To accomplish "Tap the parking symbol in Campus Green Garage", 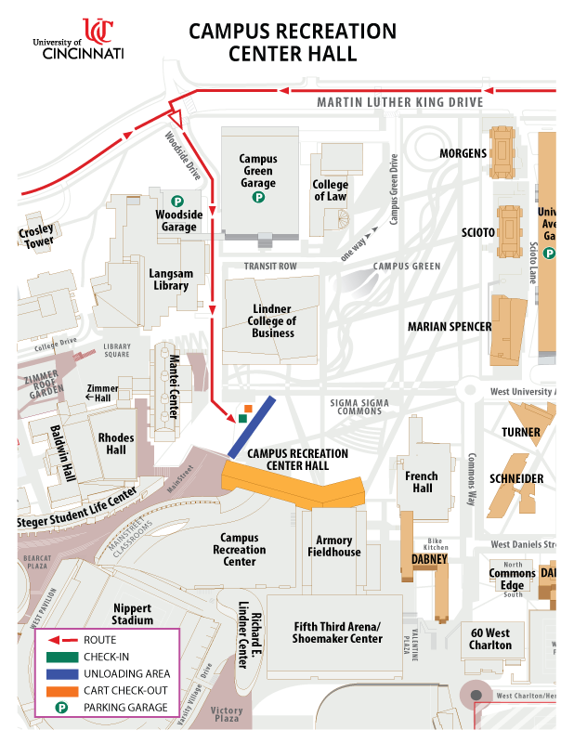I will (258, 197).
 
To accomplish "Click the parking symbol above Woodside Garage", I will (176, 200).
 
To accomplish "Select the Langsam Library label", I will (168, 280).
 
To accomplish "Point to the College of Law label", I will (330, 190).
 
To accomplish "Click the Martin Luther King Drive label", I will (399, 102).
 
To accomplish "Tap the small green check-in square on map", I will (242, 419).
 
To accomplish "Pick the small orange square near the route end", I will (249, 409).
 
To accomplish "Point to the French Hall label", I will (422, 482).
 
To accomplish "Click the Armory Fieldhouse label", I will (334, 546).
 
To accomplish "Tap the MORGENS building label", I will (463, 153).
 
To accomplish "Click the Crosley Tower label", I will (35, 236).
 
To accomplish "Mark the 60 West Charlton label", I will (490, 639).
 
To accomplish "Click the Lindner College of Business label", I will (273, 320).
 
